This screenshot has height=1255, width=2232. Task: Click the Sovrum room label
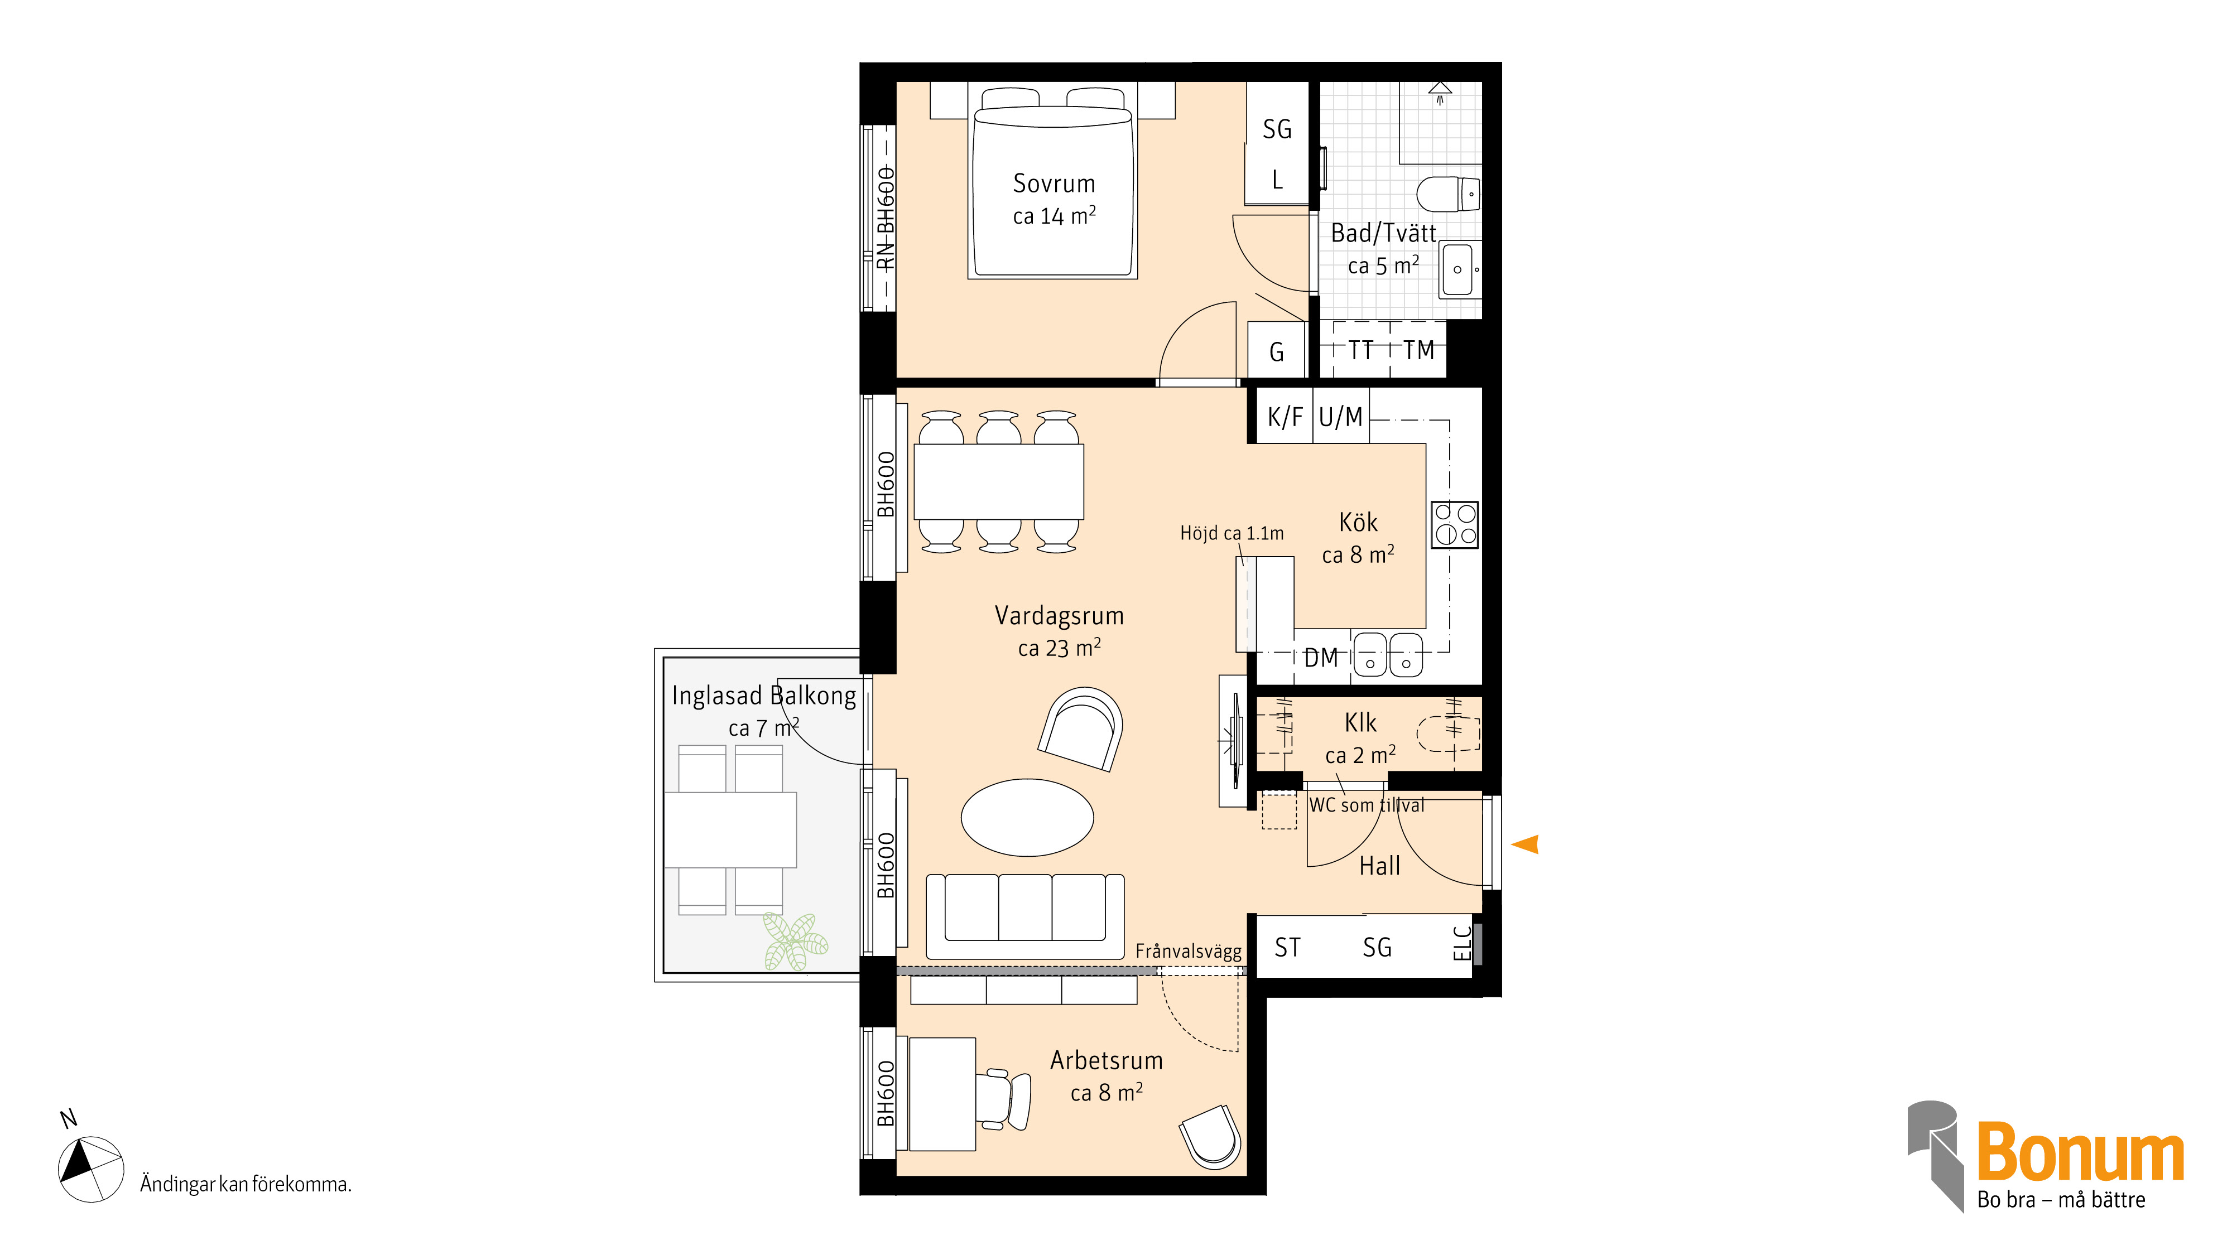point(1054,184)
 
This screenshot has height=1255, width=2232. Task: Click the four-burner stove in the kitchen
point(1455,524)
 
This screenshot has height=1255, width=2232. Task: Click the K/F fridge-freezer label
point(1285,417)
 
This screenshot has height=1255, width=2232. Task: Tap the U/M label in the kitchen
point(1340,417)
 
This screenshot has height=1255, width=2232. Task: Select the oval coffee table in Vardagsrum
point(1028,817)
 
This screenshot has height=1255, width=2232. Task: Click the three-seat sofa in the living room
point(1025,915)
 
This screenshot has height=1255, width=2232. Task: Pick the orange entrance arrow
point(1525,843)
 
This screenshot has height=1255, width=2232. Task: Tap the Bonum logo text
point(2080,1151)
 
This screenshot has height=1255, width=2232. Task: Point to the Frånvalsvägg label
point(1188,951)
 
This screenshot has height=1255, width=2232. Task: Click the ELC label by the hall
point(1462,943)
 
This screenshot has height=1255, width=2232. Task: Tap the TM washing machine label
point(1418,351)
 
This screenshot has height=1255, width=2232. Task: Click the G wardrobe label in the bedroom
point(1276,353)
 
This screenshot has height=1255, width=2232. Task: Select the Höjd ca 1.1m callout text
point(1232,534)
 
